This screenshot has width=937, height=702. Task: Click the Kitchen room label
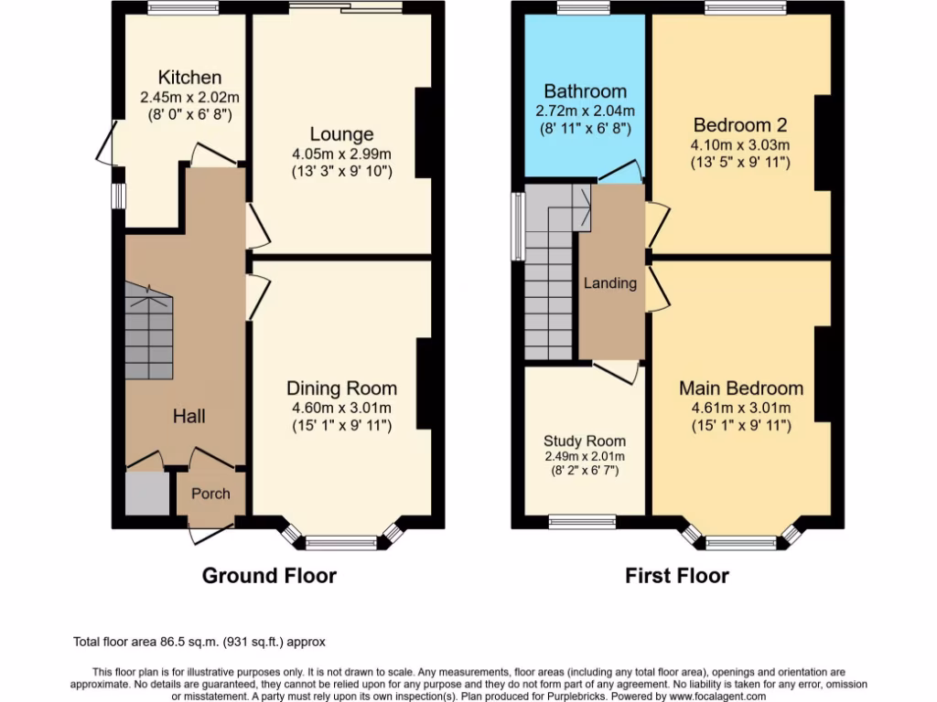(x=189, y=78)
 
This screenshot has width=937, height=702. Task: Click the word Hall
(x=189, y=417)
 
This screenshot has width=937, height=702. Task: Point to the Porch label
(x=210, y=494)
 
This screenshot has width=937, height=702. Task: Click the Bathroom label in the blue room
(x=585, y=91)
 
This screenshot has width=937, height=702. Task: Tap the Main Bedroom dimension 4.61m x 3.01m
(x=740, y=409)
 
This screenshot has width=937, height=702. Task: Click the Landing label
(x=610, y=283)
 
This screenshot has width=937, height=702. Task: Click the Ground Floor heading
(x=269, y=576)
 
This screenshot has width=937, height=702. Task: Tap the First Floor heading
(x=677, y=576)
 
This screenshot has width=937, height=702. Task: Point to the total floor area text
(x=199, y=643)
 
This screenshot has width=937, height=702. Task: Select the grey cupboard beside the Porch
(x=146, y=495)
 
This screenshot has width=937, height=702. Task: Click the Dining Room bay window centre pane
(x=341, y=543)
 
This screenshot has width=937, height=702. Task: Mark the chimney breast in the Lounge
(x=424, y=133)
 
